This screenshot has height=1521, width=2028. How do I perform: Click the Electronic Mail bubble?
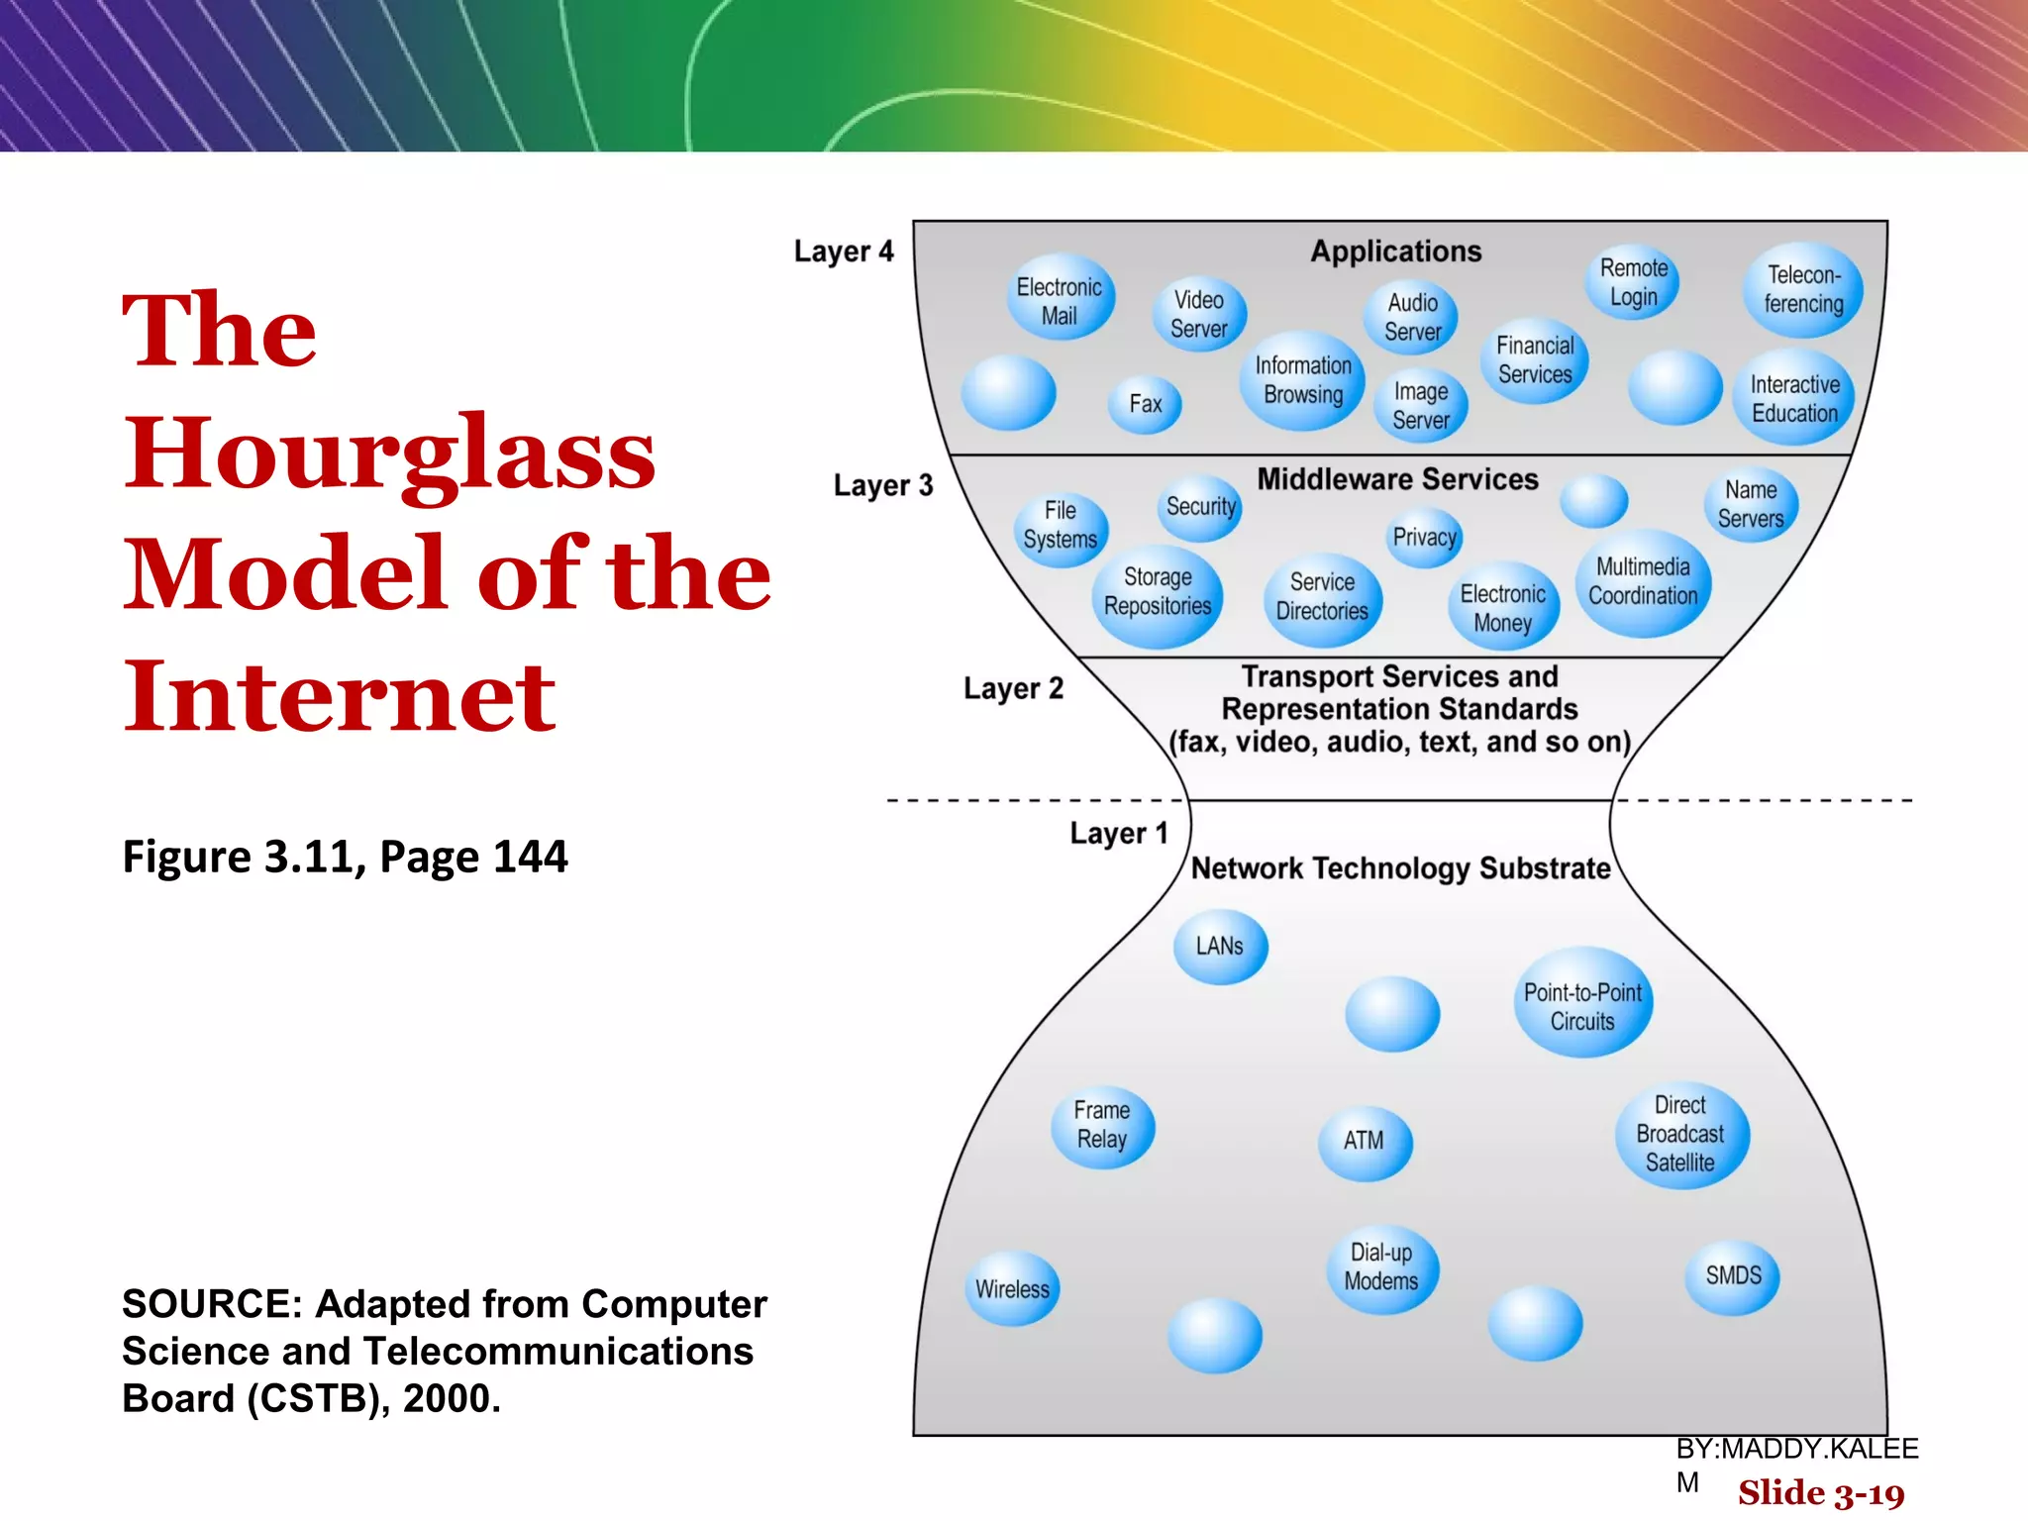coord(1060,300)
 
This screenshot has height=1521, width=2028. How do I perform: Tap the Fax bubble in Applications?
coord(1145,404)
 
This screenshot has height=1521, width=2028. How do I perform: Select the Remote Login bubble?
coord(1633,282)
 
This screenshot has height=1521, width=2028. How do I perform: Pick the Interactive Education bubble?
coord(1793,398)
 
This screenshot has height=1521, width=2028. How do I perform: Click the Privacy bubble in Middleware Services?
coord(1424,538)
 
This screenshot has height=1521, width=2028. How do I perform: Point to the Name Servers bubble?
coord(1750,504)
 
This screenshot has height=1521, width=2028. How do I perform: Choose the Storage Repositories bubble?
coord(1158,593)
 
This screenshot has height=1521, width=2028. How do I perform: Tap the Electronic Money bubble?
coord(1502,608)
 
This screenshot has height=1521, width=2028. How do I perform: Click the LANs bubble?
coord(1219,947)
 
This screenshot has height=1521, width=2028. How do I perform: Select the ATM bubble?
coord(1364,1141)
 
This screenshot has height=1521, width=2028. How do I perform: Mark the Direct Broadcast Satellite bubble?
coord(1680,1134)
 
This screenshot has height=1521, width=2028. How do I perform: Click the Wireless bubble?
coord(1012,1289)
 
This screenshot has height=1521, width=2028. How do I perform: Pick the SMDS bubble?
coord(1733,1275)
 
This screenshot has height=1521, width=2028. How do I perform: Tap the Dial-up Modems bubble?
coord(1381,1267)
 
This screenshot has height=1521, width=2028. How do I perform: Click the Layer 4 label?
coord(844,252)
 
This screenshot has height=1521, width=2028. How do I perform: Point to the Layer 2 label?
coord(1013,688)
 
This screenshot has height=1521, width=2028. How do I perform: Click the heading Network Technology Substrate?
coord(1400,868)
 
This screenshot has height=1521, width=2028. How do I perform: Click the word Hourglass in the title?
coord(389,453)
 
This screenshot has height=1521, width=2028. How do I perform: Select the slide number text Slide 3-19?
coord(1820,1493)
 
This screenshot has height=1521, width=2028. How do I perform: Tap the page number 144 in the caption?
coord(530,857)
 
